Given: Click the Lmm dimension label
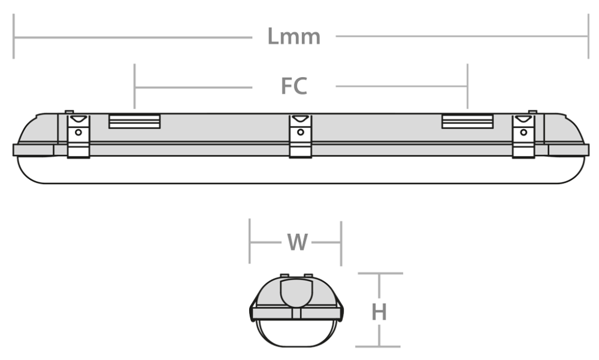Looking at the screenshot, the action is pos(294,37).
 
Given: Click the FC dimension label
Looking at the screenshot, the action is pos(294,86).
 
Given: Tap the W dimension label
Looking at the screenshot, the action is pos(297,242).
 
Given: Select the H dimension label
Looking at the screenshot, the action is pos(379,312).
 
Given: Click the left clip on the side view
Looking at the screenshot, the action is pos(78,136).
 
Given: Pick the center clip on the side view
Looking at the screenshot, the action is pos(301,136).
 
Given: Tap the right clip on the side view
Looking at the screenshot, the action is pos(524,136).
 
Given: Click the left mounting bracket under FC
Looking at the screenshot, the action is pos(135,121).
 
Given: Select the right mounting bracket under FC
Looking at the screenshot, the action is pos(467,121).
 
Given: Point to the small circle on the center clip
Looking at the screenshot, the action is pos(301,132).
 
